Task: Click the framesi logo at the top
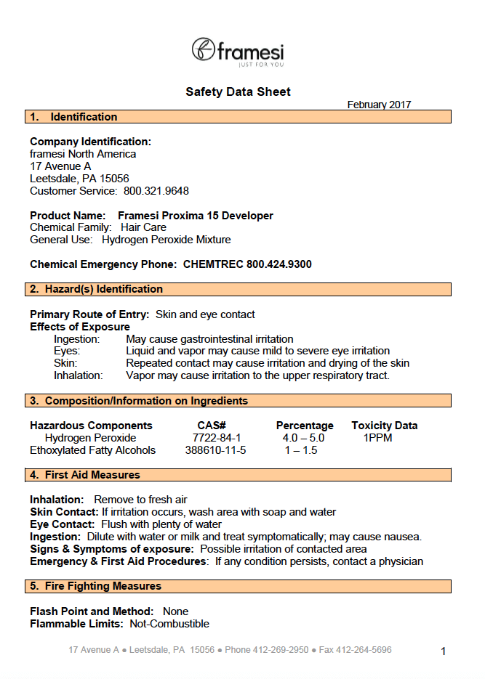click(x=238, y=52)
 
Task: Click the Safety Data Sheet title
click(x=238, y=92)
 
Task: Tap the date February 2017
click(x=379, y=105)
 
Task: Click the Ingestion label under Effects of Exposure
click(x=76, y=339)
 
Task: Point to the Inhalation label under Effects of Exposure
click(x=79, y=375)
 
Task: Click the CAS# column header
click(x=212, y=426)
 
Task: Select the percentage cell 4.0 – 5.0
click(x=303, y=438)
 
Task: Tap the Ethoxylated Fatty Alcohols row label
click(x=93, y=450)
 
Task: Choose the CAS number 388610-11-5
click(x=216, y=450)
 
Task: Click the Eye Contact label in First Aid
click(x=62, y=524)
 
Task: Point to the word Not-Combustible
click(x=169, y=624)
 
